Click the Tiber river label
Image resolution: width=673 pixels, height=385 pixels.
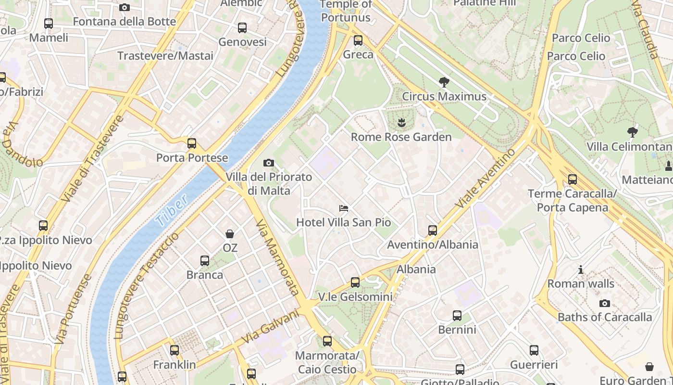click(172, 212)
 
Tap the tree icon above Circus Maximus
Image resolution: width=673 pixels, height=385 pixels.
click(444, 82)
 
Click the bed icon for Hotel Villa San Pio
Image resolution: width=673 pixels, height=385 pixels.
click(344, 208)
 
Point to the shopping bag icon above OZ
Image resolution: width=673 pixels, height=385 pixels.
click(230, 234)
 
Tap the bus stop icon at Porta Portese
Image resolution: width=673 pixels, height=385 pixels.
click(192, 143)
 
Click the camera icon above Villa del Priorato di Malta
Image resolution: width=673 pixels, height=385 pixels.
click(269, 163)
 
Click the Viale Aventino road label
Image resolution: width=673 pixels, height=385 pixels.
click(485, 179)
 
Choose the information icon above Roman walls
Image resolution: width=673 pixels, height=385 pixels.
click(581, 269)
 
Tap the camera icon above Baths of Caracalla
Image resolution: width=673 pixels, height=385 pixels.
click(605, 303)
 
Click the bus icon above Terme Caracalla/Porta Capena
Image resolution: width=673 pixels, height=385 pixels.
click(572, 180)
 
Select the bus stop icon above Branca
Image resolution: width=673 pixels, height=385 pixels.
click(205, 261)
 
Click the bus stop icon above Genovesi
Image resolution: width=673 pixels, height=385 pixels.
click(242, 28)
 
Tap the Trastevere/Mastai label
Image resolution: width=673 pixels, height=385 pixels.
click(165, 56)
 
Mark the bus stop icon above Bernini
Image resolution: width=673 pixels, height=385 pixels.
click(457, 316)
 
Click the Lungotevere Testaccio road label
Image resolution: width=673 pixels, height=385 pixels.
click(147, 285)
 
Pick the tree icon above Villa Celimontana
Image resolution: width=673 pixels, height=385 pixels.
click(633, 132)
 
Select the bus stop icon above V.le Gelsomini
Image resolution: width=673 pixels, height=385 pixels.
click(355, 282)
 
